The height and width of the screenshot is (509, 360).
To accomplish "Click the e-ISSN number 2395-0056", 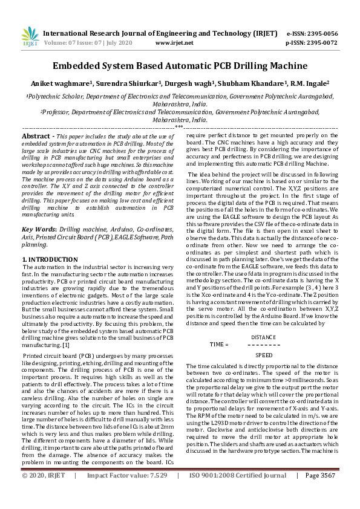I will point(320,33).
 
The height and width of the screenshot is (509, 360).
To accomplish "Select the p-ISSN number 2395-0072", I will point(320,43).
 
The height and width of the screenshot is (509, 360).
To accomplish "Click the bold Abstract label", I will point(37,138).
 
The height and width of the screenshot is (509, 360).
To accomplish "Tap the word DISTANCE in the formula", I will point(263,336).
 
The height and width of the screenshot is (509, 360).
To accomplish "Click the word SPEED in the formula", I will point(264,355).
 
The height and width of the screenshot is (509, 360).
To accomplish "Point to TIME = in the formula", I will point(219,345).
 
